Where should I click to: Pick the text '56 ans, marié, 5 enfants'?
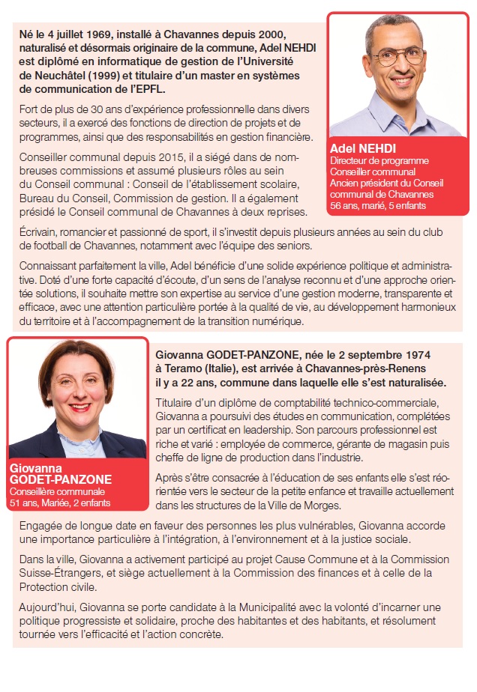(376, 204)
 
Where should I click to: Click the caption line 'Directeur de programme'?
(379, 161)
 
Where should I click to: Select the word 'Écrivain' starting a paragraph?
(37, 231)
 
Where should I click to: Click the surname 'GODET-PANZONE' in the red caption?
(61, 479)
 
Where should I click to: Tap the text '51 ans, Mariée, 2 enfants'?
(59, 503)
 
